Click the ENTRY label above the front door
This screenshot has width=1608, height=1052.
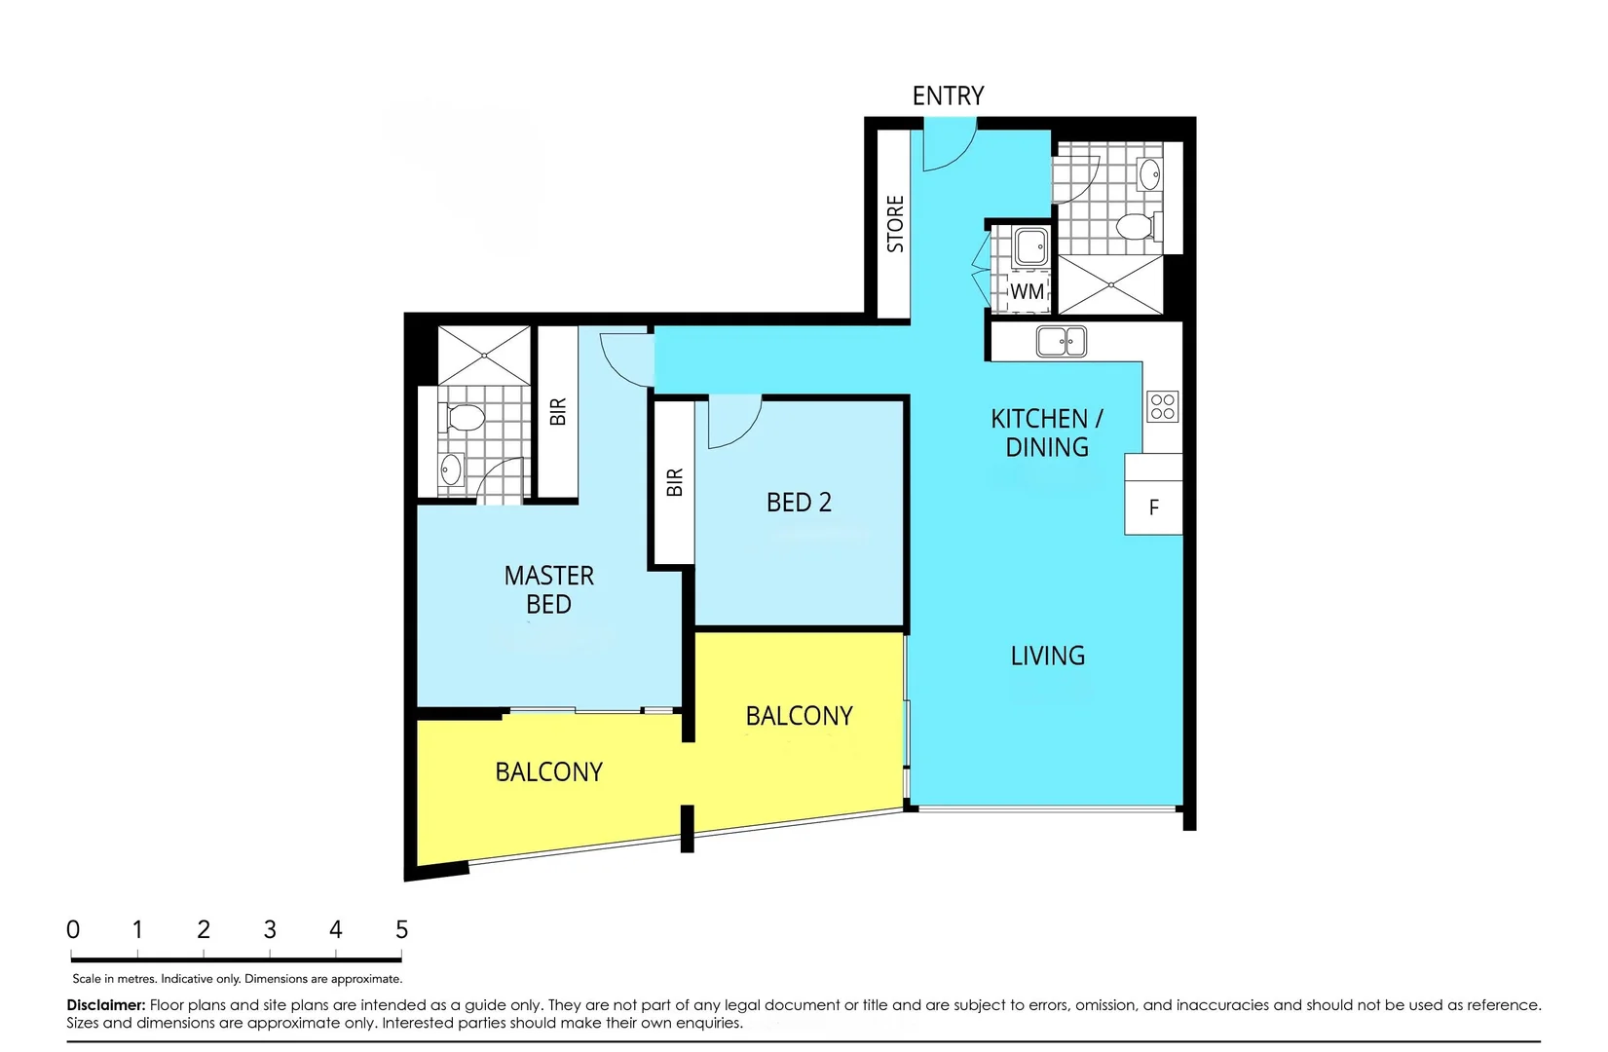click(948, 95)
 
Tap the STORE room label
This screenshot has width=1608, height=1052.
click(895, 224)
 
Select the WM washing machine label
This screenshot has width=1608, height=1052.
click(1027, 291)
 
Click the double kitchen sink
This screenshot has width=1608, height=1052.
click(1061, 342)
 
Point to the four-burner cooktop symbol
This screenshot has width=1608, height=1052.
click(1162, 406)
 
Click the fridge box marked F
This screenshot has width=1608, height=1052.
click(1153, 507)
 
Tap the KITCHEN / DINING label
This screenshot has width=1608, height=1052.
click(1047, 432)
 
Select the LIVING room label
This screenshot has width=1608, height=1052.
click(1047, 656)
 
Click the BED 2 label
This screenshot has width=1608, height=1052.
click(799, 503)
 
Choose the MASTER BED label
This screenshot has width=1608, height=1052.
click(548, 589)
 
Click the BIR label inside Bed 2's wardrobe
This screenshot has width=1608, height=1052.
click(675, 482)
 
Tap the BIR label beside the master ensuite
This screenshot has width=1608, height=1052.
click(557, 411)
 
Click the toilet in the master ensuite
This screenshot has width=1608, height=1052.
click(465, 419)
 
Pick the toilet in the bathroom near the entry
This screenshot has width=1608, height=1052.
click(1136, 227)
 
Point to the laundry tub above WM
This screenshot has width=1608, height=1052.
click(1029, 247)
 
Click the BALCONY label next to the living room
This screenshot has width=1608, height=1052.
click(799, 716)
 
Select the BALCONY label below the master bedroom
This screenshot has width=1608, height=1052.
click(548, 771)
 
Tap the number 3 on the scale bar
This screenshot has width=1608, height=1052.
click(270, 929)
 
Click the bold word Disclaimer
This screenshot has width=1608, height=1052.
click(106, 1004)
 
